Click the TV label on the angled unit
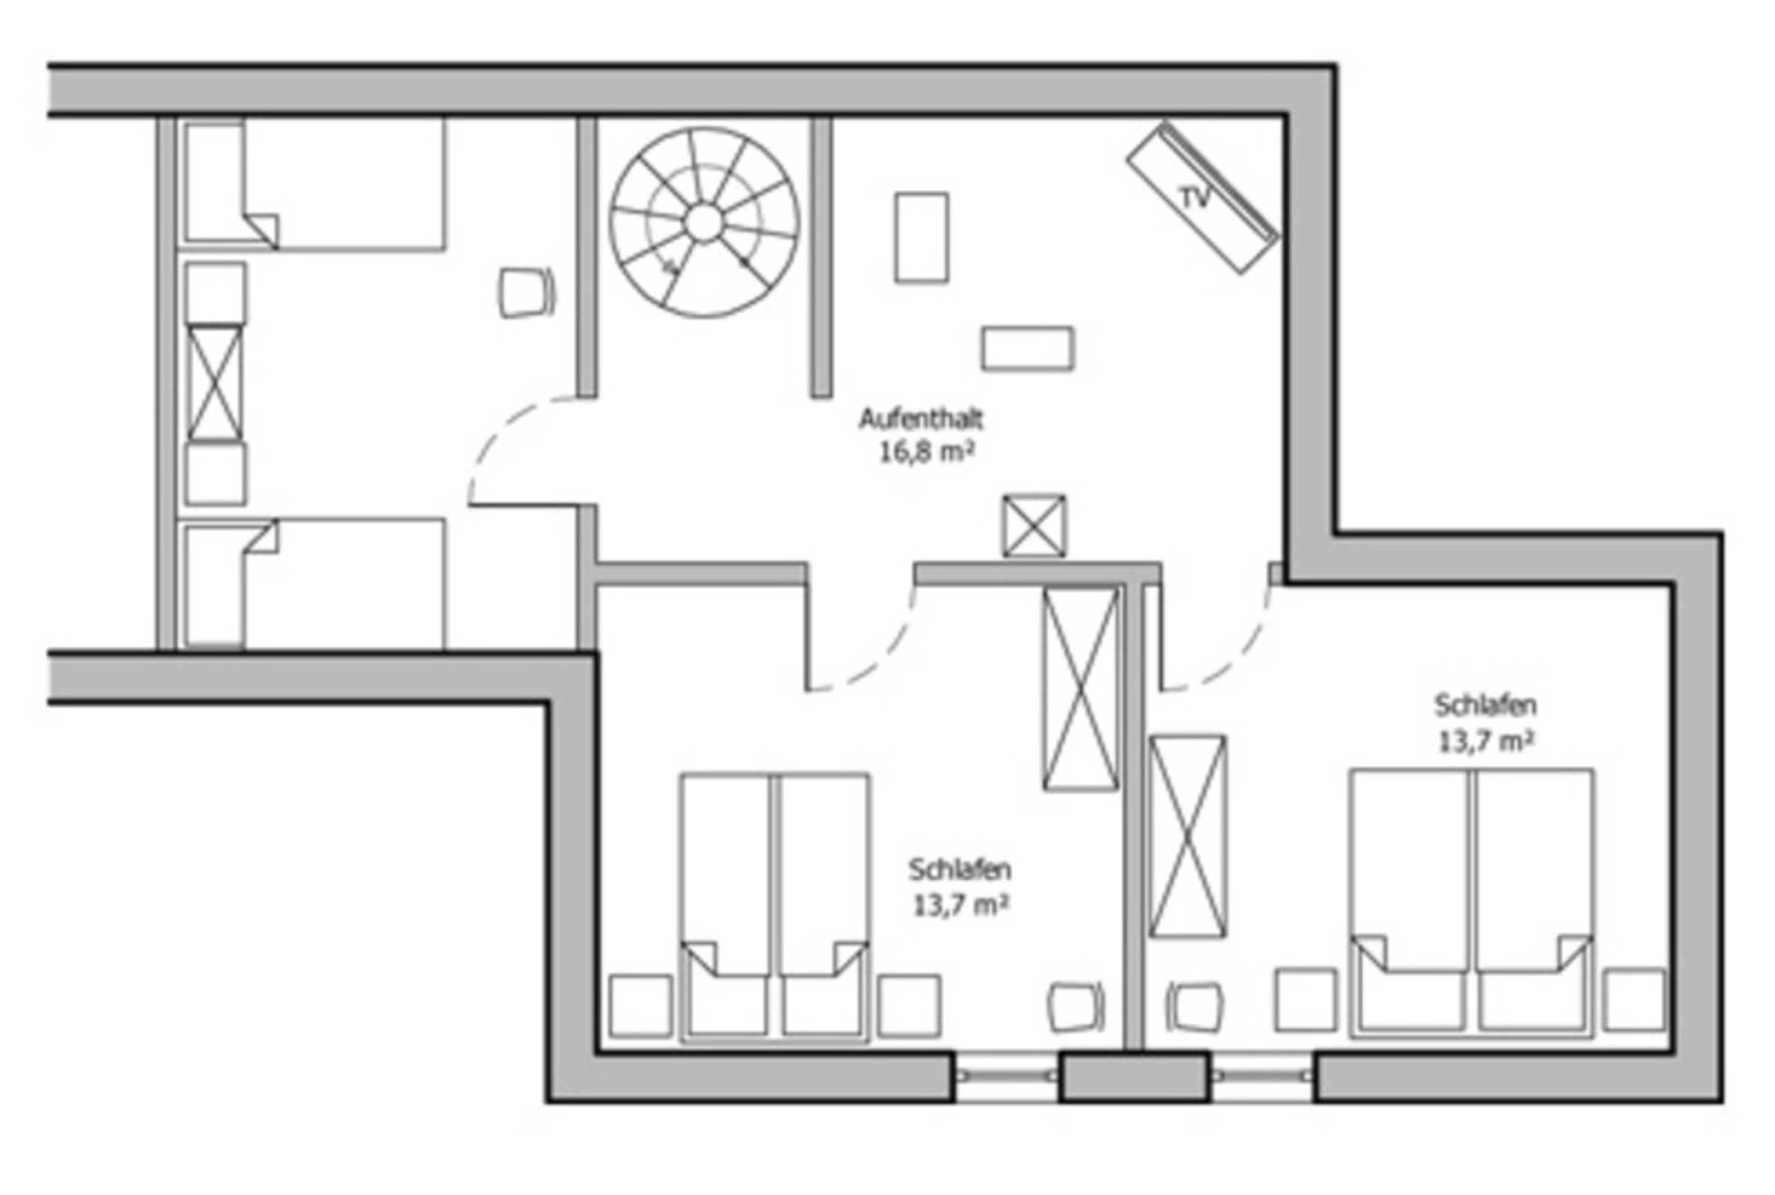[1194, 198]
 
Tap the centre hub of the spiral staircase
[703, 223]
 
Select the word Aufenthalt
[921, 419]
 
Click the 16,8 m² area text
[927, 453]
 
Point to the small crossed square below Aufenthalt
[1034, 526]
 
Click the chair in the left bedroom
[526, 292]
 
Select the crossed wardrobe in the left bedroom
[215, 383]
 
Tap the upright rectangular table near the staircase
[922, 238]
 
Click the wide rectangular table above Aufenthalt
[1028, 349]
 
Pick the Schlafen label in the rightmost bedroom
[1485, 706]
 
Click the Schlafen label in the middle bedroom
[959, 869]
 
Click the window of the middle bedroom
[1007, 1076]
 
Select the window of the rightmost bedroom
[1262, 1076]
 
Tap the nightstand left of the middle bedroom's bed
[640, 1006]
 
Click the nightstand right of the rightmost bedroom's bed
[1634, 1000]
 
